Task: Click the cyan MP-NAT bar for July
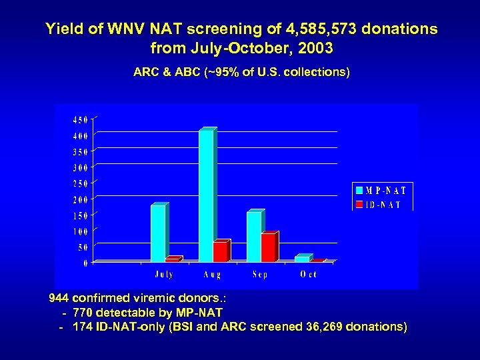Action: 158,233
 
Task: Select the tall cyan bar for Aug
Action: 206,195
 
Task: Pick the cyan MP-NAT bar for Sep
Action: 254,237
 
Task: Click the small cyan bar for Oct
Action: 302,258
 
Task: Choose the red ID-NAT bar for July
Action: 173,259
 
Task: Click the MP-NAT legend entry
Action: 382,190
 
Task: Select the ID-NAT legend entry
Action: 378,205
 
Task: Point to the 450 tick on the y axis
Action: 79,120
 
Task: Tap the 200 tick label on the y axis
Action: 79,200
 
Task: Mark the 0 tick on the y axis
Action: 85,263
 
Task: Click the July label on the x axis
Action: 164,275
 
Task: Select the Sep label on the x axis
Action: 260,275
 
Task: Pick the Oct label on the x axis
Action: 309,275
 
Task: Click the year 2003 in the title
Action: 314,49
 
